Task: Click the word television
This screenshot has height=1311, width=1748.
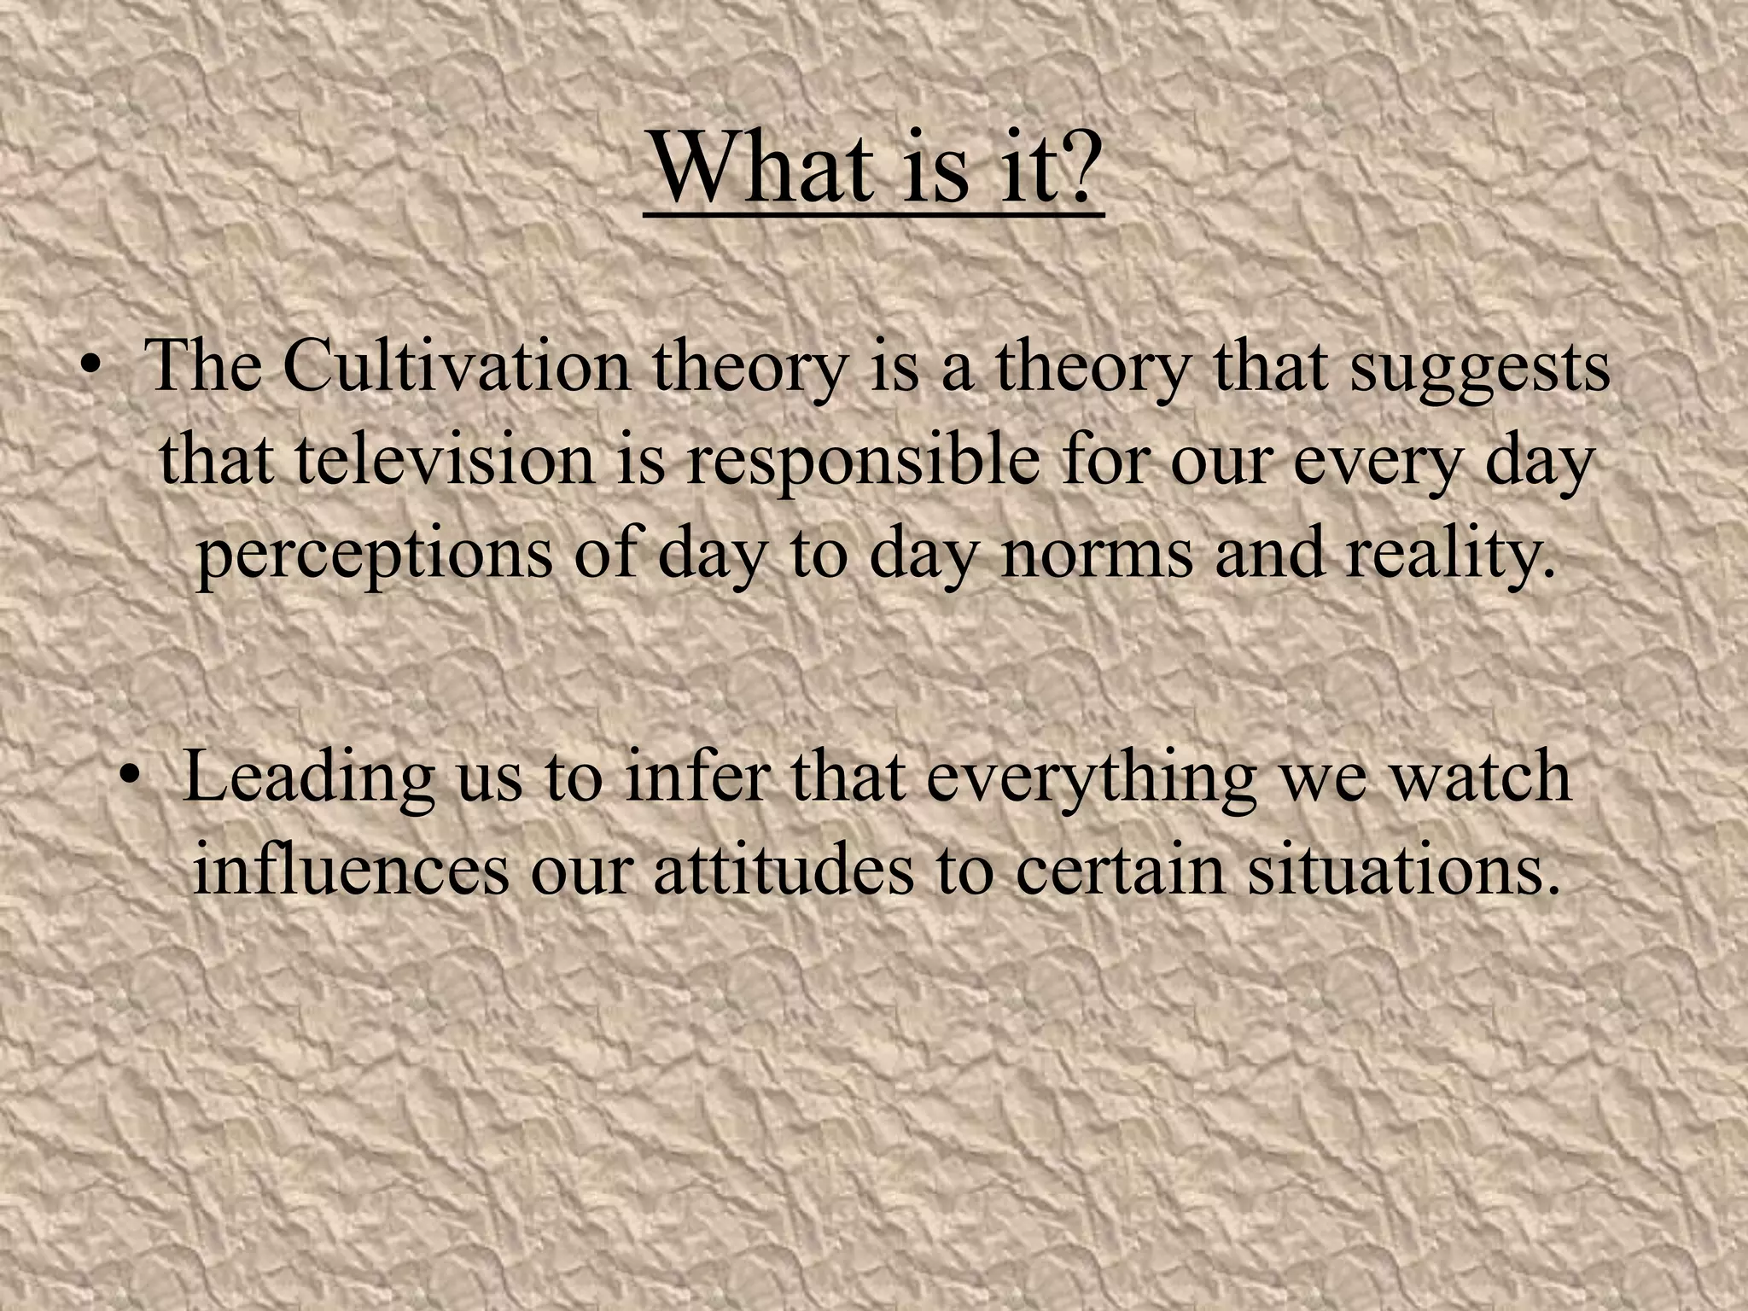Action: (445, 461)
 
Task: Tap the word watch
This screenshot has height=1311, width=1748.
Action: (1477, 777)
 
